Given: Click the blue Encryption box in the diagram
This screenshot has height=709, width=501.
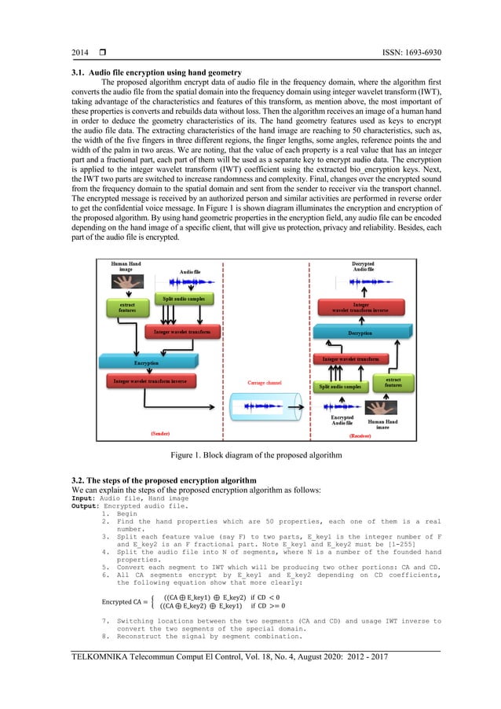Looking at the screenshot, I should (145, 363).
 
